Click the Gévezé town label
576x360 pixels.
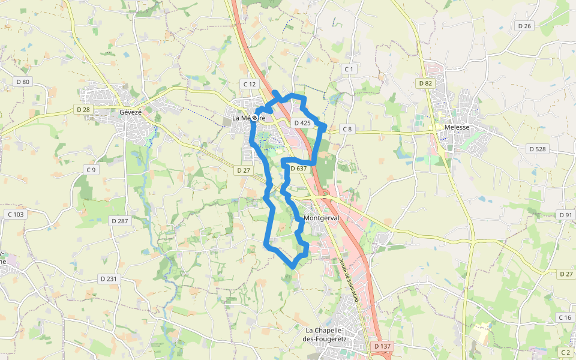coord(130,112)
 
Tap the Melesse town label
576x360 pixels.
coord(456,128)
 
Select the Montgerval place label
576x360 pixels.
coord(321,218)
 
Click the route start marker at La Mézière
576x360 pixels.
coord(255,118)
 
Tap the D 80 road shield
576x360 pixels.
coord(23,81)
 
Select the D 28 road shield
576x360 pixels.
coord(83,109)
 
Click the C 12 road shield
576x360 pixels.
coord(249,84)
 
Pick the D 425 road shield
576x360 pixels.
coord(302,123)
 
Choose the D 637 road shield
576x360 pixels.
coord(299,169)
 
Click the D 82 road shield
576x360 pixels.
coord(425,83)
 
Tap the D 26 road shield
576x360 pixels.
coord(524,26)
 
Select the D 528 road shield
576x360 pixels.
coord(536,148)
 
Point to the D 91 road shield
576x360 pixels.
coord(565,215)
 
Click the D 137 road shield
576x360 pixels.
coord(382,346)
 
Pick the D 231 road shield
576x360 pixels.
coord(108,278)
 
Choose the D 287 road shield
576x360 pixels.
coord(119,221)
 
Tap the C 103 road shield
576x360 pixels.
coord(16,214)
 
